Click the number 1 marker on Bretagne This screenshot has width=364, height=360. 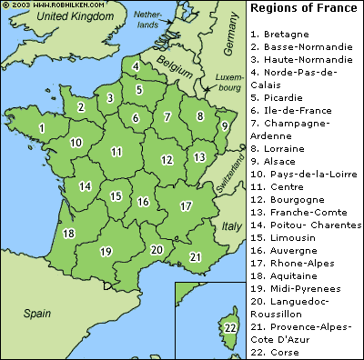(41, 129)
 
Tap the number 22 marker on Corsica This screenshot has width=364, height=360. (230, 327)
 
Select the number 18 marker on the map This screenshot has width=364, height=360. (68, 234)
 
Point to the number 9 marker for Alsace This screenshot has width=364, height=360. (224, 127)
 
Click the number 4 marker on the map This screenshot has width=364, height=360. (136, 66)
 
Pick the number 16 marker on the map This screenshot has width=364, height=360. (143, 202)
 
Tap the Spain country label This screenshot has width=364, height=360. (37, 313)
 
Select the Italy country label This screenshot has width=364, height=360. (231, 225)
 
